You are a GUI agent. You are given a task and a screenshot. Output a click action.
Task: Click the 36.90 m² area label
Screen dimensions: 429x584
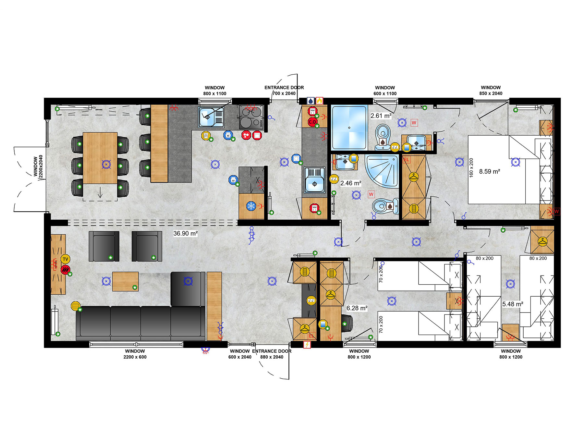185,233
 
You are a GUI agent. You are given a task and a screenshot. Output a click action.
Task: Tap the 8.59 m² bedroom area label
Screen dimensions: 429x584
489,171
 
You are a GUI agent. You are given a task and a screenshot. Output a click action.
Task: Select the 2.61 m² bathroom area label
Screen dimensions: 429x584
381,116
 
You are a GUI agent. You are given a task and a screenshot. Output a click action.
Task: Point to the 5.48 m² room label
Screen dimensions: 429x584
513,304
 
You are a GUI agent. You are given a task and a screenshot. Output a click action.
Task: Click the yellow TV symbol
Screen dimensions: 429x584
65,259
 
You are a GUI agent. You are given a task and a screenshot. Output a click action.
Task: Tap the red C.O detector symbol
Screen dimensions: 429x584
312,122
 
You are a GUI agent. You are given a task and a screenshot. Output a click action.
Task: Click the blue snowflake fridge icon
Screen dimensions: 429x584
251,206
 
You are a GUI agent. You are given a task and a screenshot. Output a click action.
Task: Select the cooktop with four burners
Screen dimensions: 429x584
251,117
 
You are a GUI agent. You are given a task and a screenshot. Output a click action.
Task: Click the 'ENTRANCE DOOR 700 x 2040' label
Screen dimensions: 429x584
284,90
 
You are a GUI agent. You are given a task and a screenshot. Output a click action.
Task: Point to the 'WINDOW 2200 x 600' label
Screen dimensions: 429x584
135,354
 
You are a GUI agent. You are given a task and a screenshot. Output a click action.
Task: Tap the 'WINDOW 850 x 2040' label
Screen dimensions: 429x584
491,90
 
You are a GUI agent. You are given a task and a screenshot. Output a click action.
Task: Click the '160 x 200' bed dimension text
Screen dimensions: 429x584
471,167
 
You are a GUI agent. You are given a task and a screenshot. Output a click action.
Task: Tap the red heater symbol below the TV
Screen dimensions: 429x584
66,269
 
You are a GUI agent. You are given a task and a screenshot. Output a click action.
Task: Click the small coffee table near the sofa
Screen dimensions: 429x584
125,281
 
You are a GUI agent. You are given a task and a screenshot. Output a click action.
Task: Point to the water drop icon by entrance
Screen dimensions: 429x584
310,101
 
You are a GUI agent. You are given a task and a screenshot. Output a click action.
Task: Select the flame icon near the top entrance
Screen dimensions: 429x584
319,101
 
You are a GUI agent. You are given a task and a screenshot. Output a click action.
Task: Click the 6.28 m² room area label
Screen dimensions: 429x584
357,308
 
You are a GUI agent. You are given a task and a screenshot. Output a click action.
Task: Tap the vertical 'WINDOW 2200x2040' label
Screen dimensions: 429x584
38,166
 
